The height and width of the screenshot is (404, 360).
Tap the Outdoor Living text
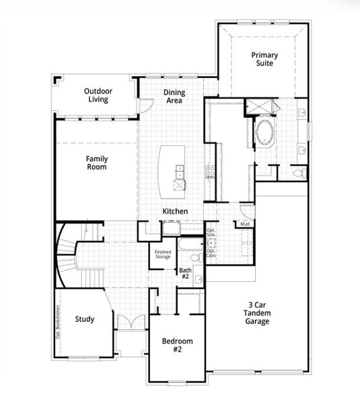(98, 96)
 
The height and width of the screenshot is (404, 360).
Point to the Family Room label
(96, 163)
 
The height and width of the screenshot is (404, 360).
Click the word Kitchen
(174, 211)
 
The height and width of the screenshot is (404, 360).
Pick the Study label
(84, 319)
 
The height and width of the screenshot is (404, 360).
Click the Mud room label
(245, 224)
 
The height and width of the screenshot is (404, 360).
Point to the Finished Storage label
(164, 254)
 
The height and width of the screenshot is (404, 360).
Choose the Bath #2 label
(185, 273)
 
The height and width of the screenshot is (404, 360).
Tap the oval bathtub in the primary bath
(264, 133)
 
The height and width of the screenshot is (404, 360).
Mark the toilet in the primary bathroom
(299, 174)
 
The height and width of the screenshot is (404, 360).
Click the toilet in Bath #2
(194, 257)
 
